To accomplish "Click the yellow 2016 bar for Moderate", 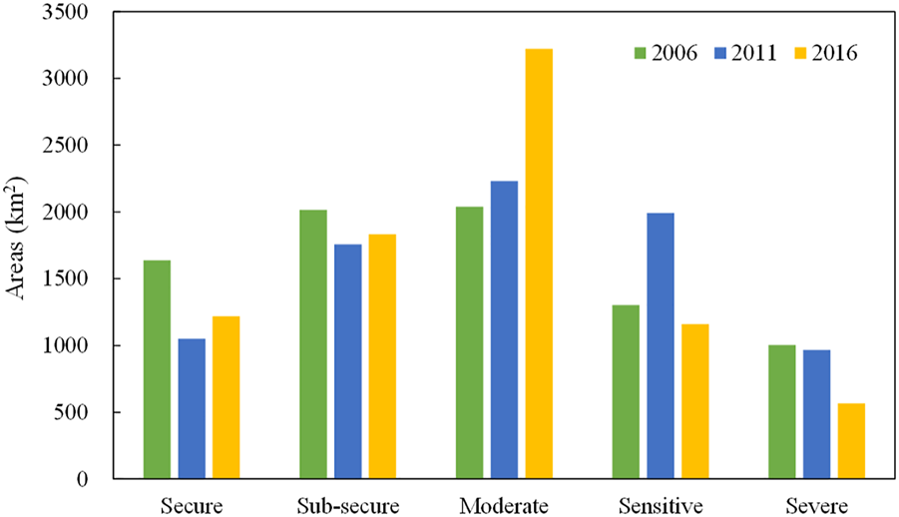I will tap(539, 264).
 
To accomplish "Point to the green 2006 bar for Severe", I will tap(782, 412).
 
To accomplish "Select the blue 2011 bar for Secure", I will tap(192, 409).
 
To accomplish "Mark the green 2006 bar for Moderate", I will tap(470, 343).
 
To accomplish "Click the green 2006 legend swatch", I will tap(643, 53).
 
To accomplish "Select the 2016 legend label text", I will tap(833, 53).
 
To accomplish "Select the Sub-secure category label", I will tap(348, 505).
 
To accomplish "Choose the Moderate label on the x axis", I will tap(504, 505).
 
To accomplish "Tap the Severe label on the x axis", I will tap(816, 505).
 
